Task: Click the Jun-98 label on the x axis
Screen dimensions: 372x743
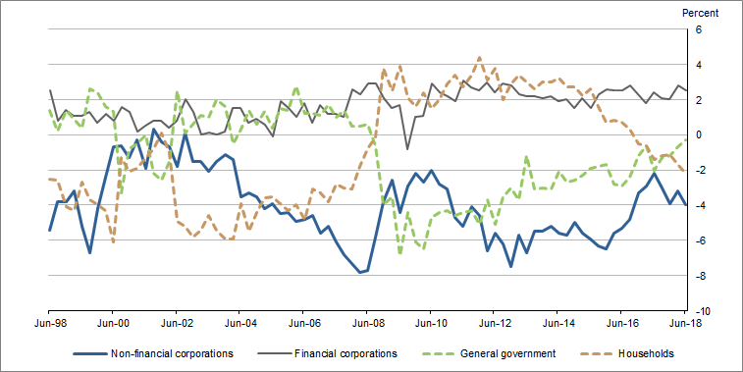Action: pos(50,321)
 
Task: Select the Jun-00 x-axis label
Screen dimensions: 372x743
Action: pos(114,321)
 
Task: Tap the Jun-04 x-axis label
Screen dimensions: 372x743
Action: pos(240,321)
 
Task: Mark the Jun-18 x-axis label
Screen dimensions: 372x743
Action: pos(683,321)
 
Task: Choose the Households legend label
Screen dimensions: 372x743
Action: pos(643,353)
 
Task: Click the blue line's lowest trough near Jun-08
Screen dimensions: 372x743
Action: pos(360,272)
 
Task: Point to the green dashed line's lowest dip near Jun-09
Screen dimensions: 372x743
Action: pos(399,252)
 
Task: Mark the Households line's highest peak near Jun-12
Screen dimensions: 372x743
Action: pos(479,58)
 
